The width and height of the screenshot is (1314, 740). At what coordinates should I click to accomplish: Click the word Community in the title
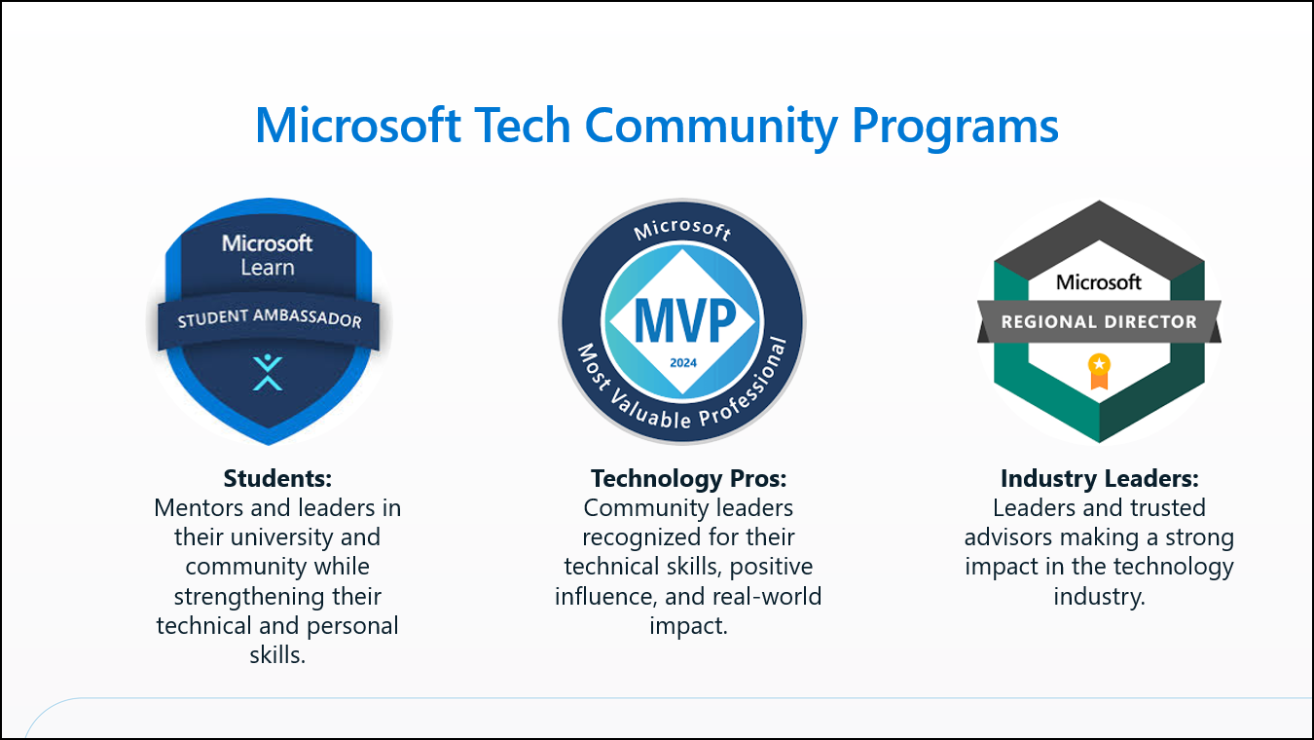pos(711,128)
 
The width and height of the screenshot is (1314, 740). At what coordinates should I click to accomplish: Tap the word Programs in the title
pos(955,128)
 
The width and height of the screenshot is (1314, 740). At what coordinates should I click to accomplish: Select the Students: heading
pos(277,478)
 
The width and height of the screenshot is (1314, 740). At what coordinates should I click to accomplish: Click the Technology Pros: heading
pos(688,478)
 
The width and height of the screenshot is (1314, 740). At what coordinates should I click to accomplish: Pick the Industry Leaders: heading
pos(1099,478)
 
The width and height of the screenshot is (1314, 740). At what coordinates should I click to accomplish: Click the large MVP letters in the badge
pos(684,320)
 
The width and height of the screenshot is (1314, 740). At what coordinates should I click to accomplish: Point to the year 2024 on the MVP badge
pos(683,363)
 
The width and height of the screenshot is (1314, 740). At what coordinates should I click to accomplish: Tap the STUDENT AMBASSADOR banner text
pos(270,317)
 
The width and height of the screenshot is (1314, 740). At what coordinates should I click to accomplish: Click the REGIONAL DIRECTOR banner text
pos(1099,321)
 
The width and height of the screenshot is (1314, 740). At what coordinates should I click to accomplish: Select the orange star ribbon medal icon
pos(1099,371)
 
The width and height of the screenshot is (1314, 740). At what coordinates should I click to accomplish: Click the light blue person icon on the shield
pos(268,372)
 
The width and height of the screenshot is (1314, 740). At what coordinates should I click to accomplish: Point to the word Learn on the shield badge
pos(268,268)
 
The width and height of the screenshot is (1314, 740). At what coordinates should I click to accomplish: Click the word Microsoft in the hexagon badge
pos(1099,282)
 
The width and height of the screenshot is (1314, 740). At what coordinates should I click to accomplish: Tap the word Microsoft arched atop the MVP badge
pos(683,228)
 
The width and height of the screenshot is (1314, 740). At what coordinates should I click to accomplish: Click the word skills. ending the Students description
pos(277,655)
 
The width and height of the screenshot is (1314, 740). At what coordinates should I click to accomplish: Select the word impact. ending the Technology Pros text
pos(688,625)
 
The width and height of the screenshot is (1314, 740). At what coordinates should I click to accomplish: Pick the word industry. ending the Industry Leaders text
pos(1099,596)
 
